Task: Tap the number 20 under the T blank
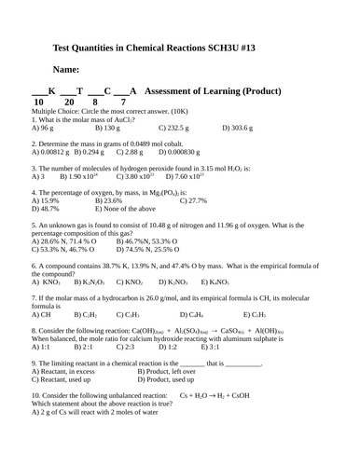pos(69,102)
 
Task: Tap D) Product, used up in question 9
pos(169,379)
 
